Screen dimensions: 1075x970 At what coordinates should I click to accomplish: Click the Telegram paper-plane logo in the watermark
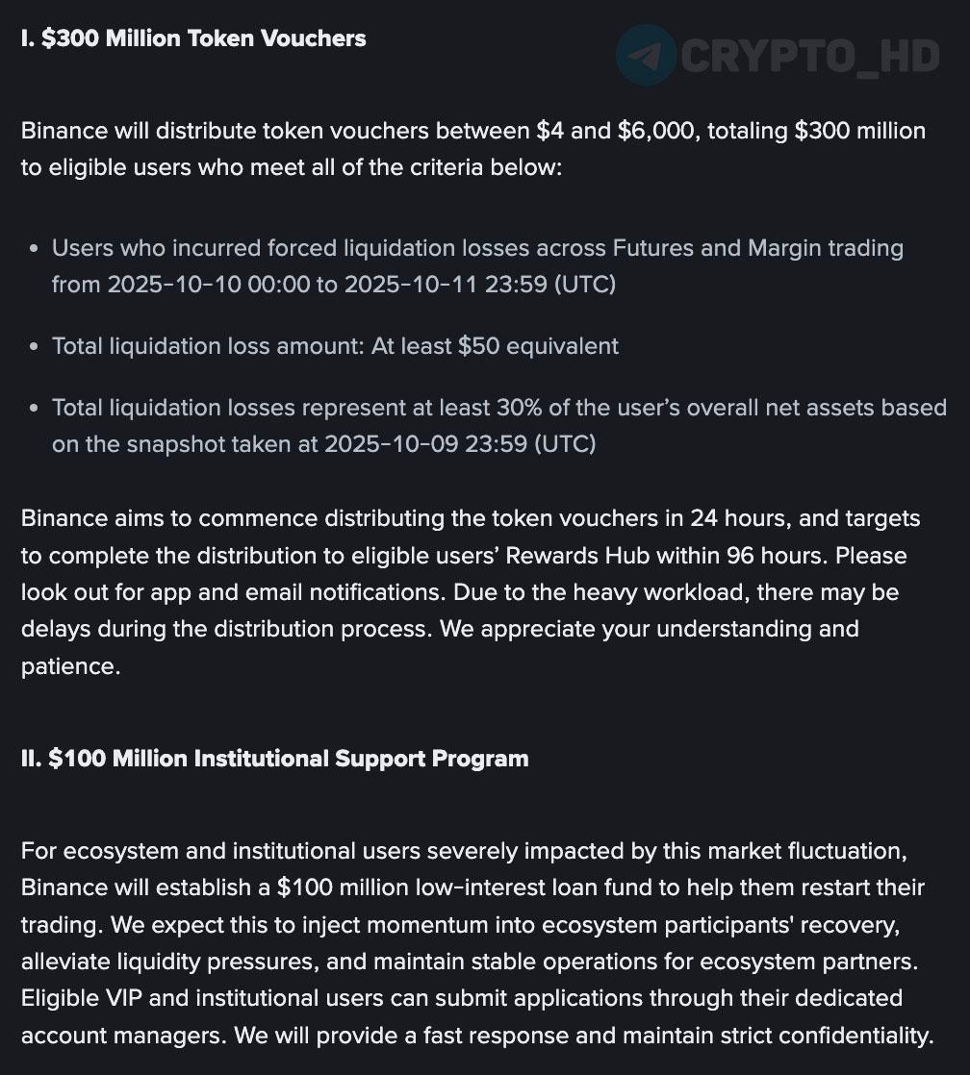coord(647,56)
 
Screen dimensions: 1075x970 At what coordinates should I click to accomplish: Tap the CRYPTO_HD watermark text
coord(808,57)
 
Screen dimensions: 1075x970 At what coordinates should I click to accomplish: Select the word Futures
coord(653,248)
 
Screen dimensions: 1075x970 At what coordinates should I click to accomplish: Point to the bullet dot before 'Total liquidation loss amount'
coord(34,346)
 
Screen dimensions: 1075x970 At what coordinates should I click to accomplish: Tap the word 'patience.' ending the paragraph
coord(70,665)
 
